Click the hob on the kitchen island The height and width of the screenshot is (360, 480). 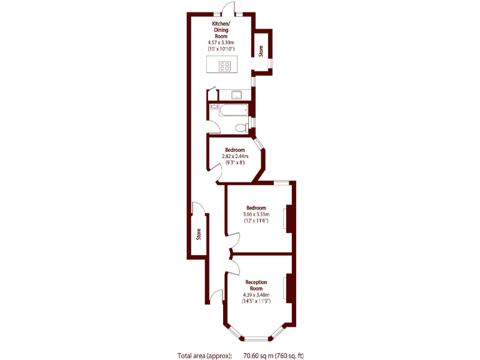tap(224, 65)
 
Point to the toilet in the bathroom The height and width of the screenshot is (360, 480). tap(240, 128)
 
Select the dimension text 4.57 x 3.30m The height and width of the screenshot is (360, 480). tap(221, 42)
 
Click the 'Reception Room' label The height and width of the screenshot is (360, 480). tap(256, 285)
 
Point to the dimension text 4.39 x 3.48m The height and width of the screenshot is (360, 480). tap(256, 295)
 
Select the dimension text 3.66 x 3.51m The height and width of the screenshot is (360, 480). tap(256, 214)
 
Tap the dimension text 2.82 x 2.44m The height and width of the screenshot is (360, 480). tap(235, 156)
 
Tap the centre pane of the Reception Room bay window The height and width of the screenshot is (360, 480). tap(255, 339)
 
